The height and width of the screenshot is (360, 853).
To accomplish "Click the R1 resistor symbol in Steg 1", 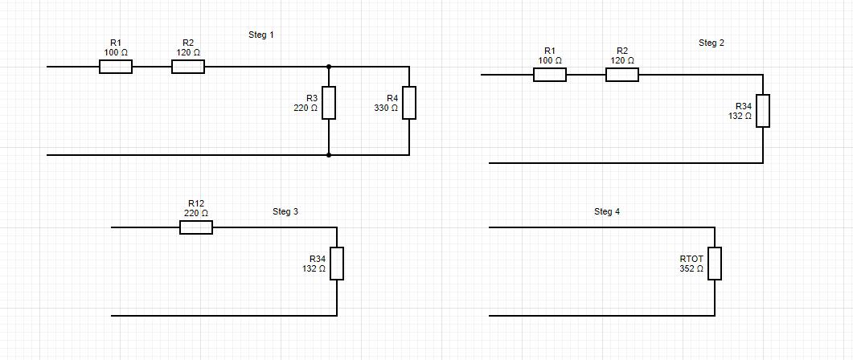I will (x=116, y=67).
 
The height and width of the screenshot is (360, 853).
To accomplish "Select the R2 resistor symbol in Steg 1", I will (x=188, y=67).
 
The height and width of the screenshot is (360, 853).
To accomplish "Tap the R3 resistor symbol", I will (x=329, y=103).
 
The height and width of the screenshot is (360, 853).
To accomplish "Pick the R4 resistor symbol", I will (x=409, y=103).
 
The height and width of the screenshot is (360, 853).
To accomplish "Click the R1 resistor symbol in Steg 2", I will (x=550, y=75).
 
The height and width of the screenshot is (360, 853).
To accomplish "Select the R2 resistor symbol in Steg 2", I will (x=622, y=75).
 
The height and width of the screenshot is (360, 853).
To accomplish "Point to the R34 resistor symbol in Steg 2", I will (x=763, y=111).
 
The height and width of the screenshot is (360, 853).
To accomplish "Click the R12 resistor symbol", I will (x=196, y=227).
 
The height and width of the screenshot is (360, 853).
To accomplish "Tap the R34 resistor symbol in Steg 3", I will (x=337, y=264).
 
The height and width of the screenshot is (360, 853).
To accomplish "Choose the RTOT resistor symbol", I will (x=715, y=264).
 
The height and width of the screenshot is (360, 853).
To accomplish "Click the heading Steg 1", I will (x=261, y=35).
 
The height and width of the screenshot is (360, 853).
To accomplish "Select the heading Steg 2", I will (x=712, y=43).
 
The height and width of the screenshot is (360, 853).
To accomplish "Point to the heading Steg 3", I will (x=285, y=212).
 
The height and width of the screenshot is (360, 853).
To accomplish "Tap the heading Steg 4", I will (x=607, y=212).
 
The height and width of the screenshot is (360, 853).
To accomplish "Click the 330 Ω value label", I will (x=386, y=108).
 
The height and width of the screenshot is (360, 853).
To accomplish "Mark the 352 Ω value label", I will (x=691, y=269).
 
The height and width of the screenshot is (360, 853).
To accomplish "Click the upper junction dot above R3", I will (x=329, y=67).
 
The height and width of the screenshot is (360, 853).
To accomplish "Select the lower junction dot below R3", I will (x=329, y=155).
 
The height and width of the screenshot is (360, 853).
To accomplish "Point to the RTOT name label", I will (x=691, y=259).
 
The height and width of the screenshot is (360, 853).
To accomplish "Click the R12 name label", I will (x=196, y=203).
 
